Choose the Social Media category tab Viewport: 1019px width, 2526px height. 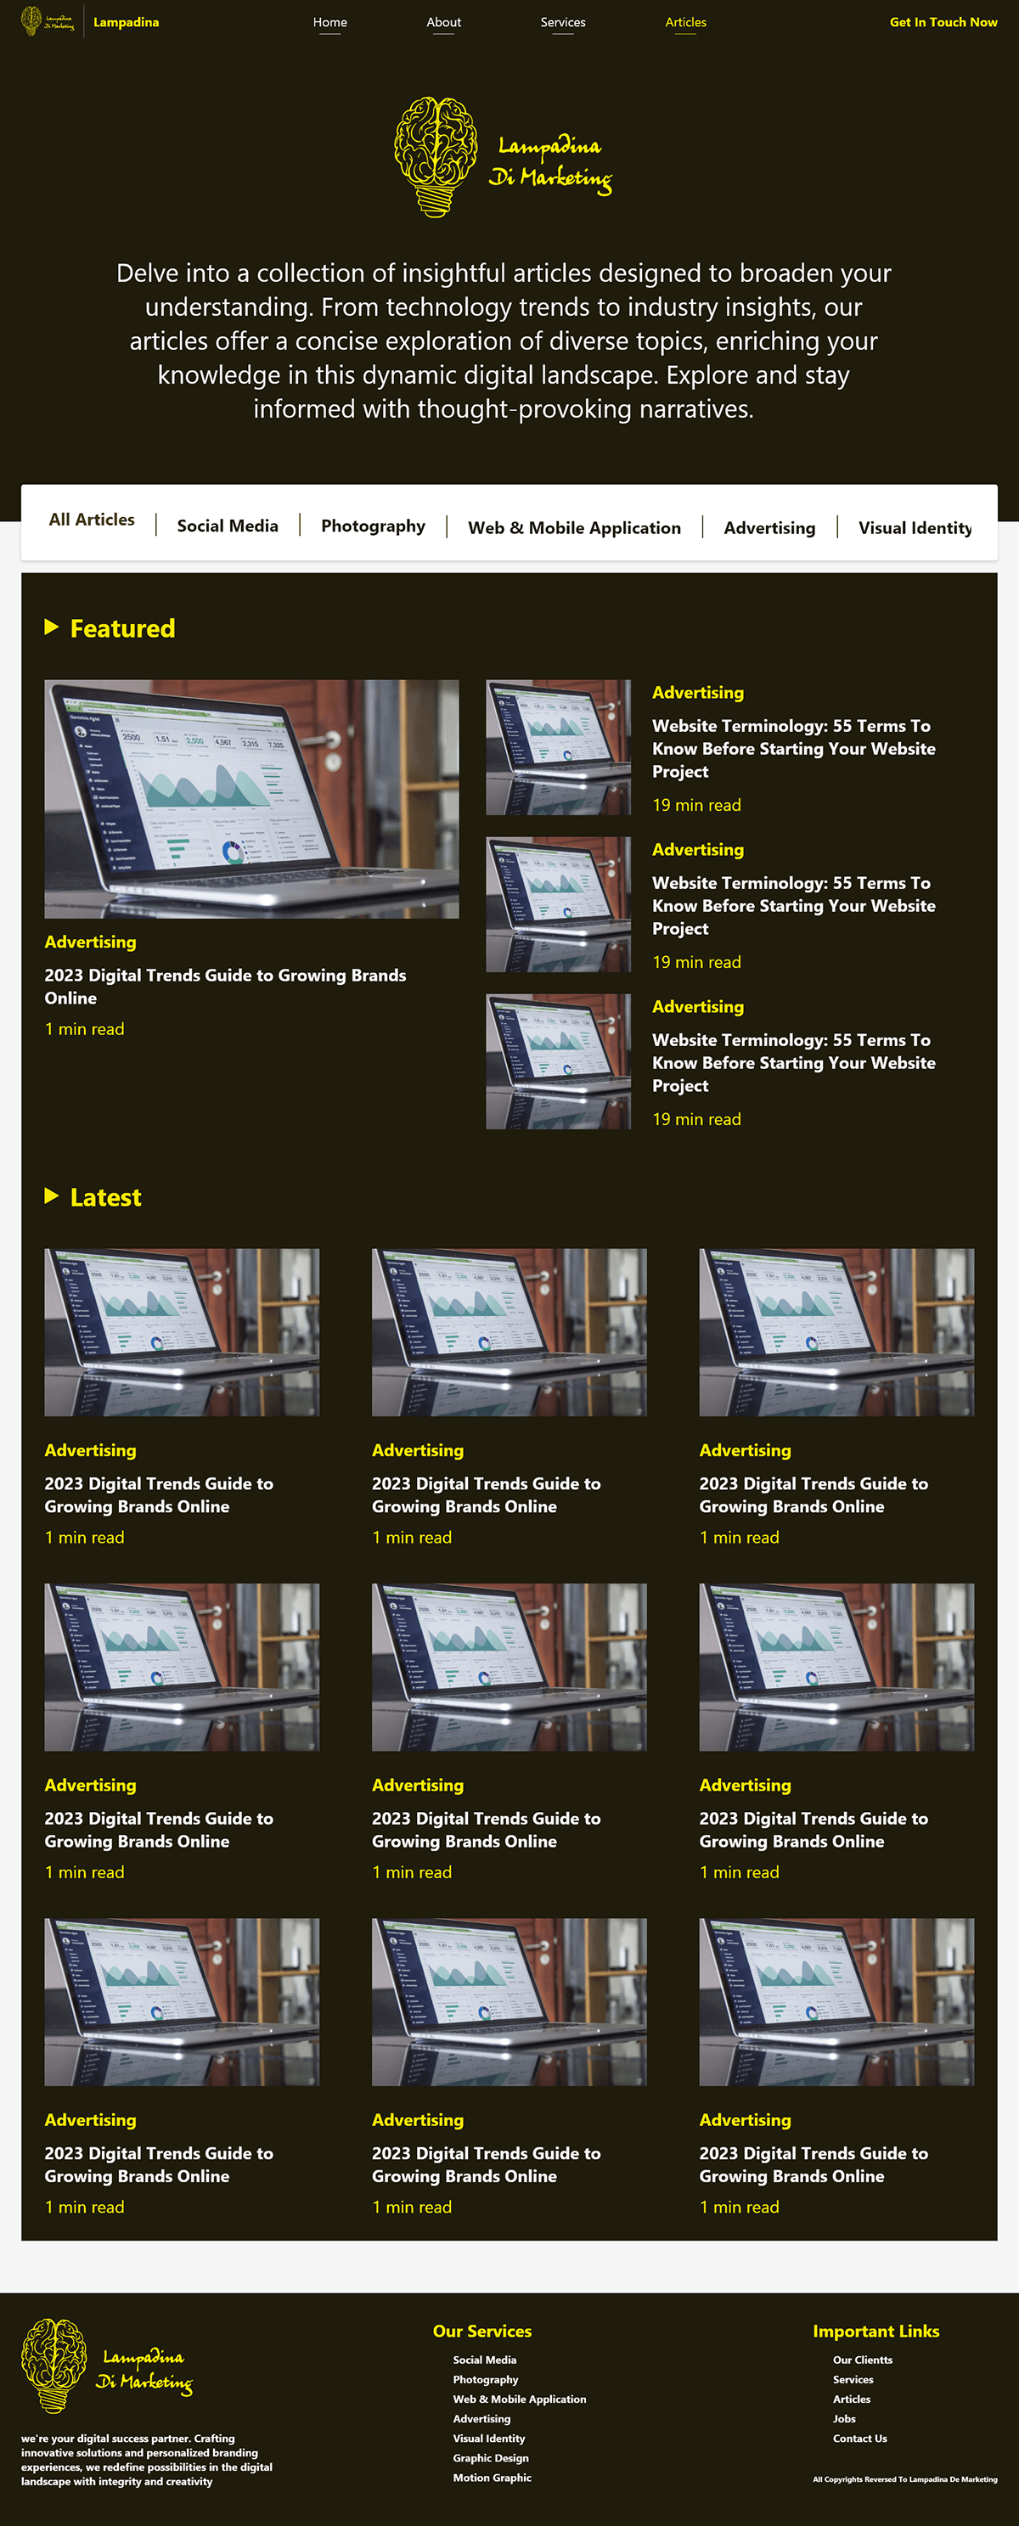[x=228, y=526]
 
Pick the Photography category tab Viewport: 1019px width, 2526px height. [x=373, y=526]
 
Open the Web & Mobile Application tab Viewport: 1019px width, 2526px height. [x=574, y=527]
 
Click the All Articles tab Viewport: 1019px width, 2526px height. [x=91, y=520]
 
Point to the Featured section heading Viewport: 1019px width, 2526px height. [x=122, y=628]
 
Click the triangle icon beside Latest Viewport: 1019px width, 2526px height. [x=52, y=1195]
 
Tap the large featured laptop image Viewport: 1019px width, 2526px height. [x=251, y=798]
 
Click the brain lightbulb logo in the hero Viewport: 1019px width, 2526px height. [x=436, y=156]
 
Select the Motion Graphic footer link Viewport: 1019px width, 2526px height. [x=493, y=2477]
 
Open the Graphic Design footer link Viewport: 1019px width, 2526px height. [x=490, y=2457]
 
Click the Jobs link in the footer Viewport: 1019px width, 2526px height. [x=844, y=2418]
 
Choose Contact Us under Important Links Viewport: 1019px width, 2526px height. [x=860, y=2438]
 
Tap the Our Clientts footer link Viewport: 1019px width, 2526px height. [x=863, y=2360]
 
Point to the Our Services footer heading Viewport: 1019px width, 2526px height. [x=481, y=2331]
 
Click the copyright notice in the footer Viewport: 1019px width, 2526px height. [x=904, y=2479]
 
